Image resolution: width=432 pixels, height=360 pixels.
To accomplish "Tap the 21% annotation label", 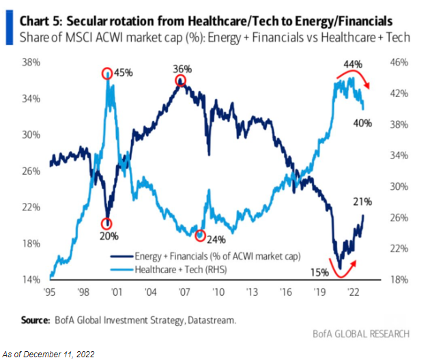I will [362, 202].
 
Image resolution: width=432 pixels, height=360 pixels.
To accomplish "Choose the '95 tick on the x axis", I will [50, 291].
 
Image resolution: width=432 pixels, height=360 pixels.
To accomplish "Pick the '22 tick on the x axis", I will [353, 291].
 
